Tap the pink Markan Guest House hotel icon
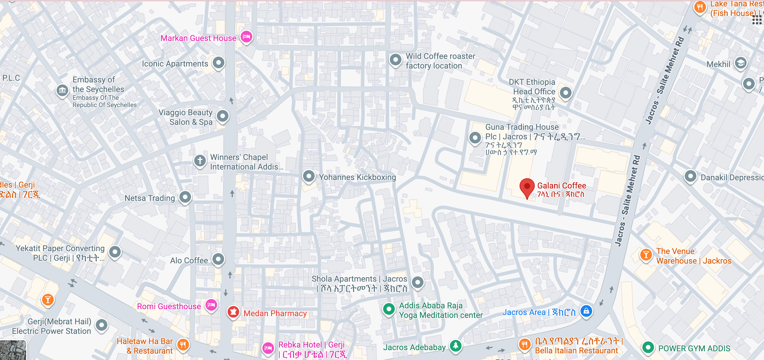(246, 37)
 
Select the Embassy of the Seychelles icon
(62, 90)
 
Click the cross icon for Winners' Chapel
(200, 161)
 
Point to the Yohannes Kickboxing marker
(309, 176)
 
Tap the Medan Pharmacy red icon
(233, 312)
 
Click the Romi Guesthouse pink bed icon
(211, 305)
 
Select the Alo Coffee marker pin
(218, 259)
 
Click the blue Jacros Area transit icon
(586, 311)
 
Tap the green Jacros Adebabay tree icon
(455, 345)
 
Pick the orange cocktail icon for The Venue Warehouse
(646, 255)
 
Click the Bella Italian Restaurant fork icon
(524, 345)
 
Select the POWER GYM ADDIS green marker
(648, 347)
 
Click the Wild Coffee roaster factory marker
(395, 60)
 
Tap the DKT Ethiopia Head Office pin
(565, 93)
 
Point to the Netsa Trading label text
(149, 198)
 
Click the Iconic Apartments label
(175, 64)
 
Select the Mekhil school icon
(740, 63)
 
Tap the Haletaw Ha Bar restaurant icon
(183, 345)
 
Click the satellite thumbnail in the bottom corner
(13, 350)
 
